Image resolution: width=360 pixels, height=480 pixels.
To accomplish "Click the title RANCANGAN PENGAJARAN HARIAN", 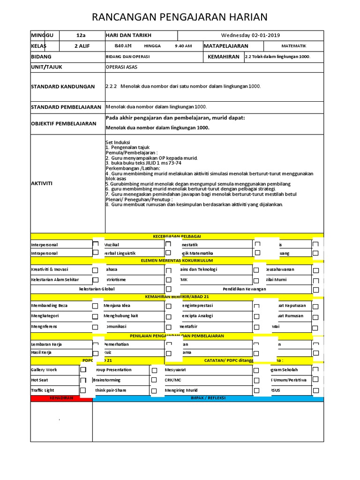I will coord(180,17).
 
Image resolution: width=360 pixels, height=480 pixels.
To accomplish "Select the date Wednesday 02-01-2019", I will coord(251,36).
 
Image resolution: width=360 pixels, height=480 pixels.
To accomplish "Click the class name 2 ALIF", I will coord(82,46).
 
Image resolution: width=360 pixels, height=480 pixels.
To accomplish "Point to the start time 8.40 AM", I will coord(123,46).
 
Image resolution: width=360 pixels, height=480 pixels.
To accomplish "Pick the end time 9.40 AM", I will coord(183,46).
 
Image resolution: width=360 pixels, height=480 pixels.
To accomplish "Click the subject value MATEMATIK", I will coord(293,46).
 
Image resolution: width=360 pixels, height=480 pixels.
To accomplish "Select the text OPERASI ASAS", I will coord(121,67).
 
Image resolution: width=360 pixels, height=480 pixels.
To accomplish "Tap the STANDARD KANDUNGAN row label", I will coord(63,87).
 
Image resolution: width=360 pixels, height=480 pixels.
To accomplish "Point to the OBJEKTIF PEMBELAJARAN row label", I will coord(64,124).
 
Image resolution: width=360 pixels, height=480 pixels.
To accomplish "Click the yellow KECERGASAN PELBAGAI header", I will coord(177,236).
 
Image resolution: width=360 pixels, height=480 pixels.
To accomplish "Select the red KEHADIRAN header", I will coord(61,398).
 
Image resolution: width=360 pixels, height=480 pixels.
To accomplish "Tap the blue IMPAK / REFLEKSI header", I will coord(208,398).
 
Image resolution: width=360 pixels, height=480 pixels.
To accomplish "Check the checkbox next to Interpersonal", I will coord(96,244).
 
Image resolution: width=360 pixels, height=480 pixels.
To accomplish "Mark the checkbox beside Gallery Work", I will coord(83,370).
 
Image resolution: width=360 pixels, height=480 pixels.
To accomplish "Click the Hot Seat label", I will coord(39,380).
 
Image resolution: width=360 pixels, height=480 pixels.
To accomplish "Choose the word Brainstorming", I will coord(107,380).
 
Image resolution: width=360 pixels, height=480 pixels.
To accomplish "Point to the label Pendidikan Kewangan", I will coord(244,289).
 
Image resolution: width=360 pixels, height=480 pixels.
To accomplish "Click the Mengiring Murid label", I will coord(181,390).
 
